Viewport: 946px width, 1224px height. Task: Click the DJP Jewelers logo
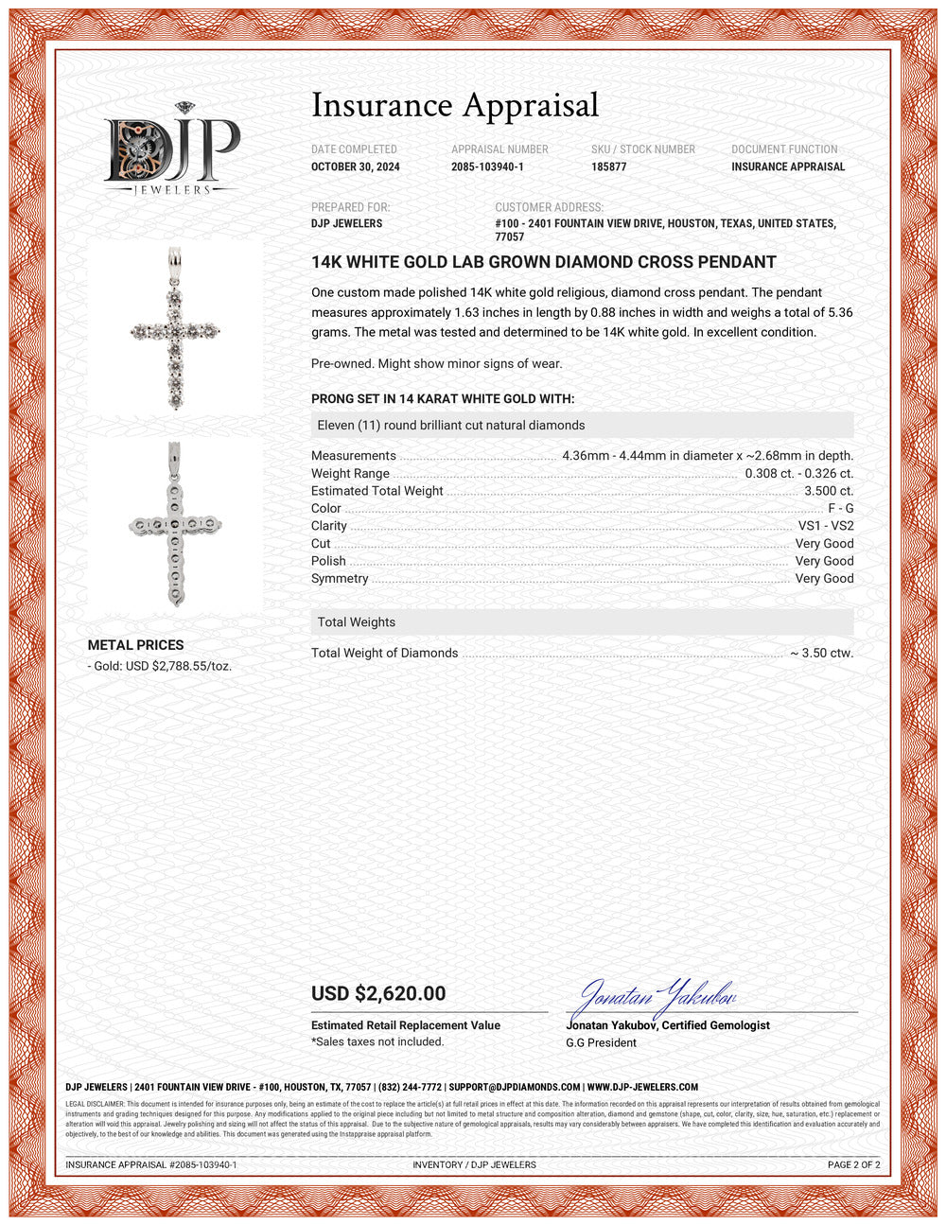pyautogui.click(x=172, y=149)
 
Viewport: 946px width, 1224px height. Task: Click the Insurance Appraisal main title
pyautogui.click(x=455, y=105)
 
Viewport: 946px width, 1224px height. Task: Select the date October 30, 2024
pyautogui.click(x=356, y=166)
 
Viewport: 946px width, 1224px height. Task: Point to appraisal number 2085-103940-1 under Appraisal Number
pyautogui.click(x=487, y=166)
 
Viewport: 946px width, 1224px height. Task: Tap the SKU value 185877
pyautogui.click(x=608, y=166)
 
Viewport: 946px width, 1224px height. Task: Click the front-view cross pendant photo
pyautogui.click(x=175, y=327)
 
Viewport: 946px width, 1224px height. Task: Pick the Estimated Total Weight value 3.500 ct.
pyautogui.click(x=829, y=491)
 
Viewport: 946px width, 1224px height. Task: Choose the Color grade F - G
pyautogui.click(x=840, y=508)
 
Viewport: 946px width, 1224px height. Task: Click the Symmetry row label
pyautogui.click(x=340, y=578)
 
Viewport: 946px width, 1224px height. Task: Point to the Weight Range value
pyautogui.click(x=798, y=473)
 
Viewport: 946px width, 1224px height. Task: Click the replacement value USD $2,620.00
pyautogui.click(x=378, y=993)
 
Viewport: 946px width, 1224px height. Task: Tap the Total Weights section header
pyautogui.click(x=357, y=622)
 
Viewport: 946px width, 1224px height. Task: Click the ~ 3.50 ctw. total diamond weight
pyautogui.click(x=821, y=653)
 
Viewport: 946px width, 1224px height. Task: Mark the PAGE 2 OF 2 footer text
pyautogui.click(x=853, y=1164)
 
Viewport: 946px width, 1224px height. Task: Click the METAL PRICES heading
pyautogui.click(x=135, y=645)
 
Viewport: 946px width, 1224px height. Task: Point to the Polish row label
pyautogui.click(x=328, y=561)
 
